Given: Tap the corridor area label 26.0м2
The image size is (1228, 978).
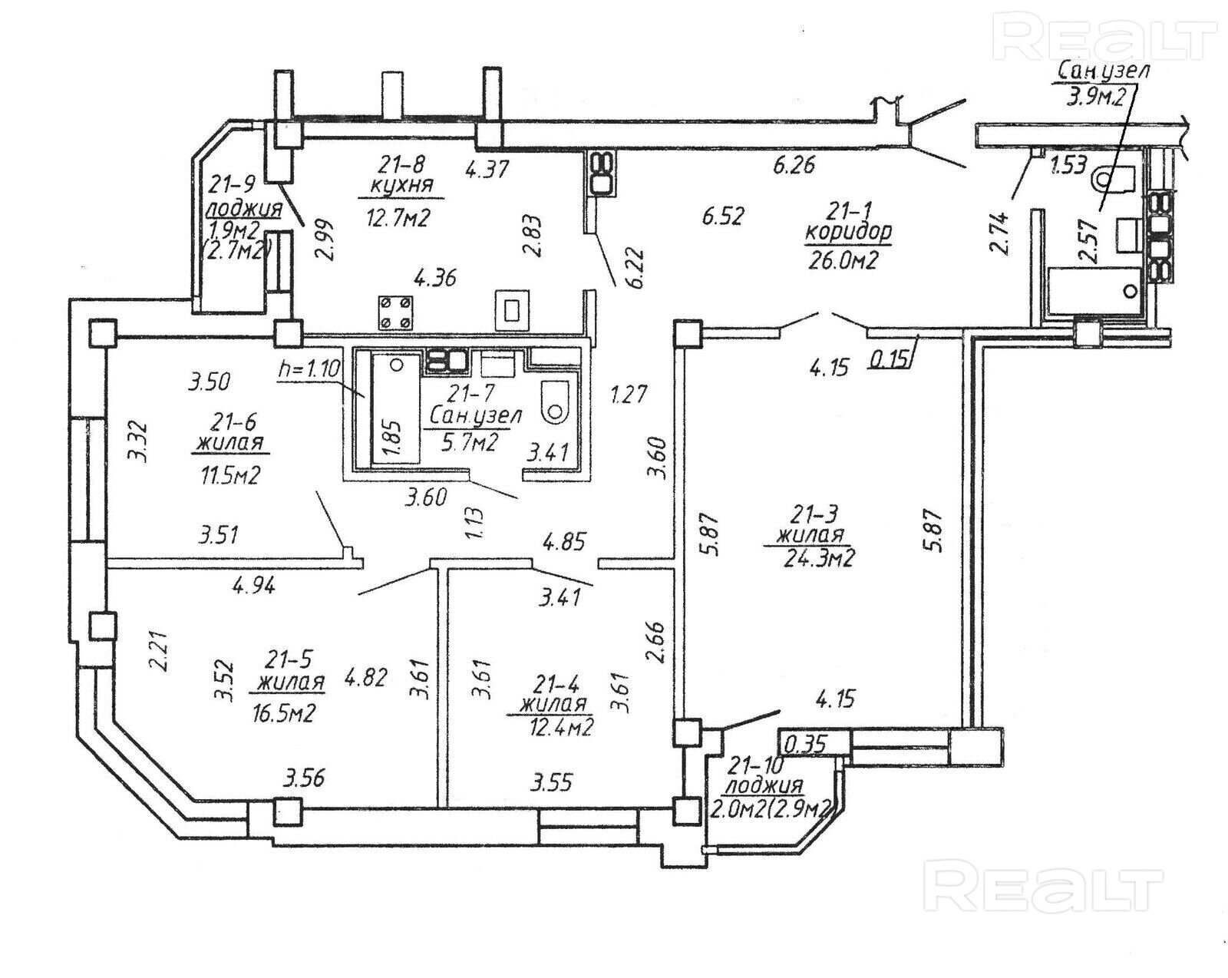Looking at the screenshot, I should coord(842,261).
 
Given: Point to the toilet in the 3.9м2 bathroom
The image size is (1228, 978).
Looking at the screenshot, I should coord(1114,178).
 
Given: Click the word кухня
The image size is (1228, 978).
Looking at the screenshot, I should coord(401,185).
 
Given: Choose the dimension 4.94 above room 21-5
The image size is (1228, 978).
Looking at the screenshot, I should coord(253,586).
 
